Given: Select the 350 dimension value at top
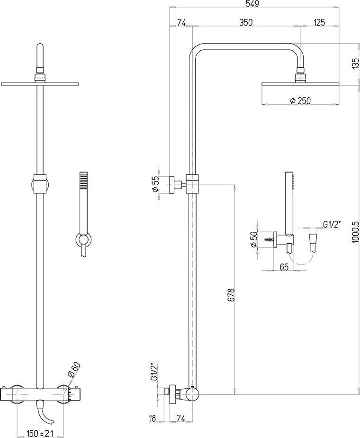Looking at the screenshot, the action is pos(245,22).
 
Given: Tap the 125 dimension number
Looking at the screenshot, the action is pos(319,22).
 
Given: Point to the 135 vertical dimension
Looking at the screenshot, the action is pos(355,64).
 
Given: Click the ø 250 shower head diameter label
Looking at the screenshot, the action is pos(300,100).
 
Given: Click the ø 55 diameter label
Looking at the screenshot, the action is pos(155,185).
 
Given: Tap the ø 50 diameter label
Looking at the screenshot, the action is pos(253,239).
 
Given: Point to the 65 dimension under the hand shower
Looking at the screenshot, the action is pos(284,267).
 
